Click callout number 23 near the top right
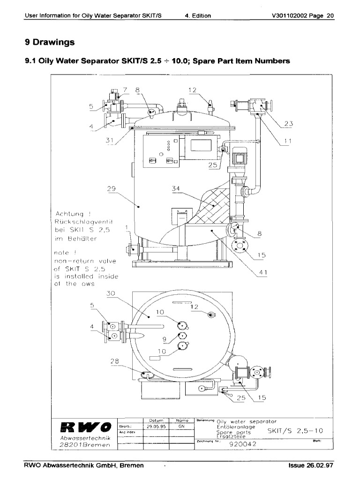(x=288, y=124)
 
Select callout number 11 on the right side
(x=288, y=141)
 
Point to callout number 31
(x=111, y=140)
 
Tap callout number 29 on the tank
(x=111, y=188)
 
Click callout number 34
(x=176, y=188)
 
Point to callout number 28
(x=115, y=361)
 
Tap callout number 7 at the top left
(x=125, y=90)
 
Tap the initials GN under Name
(x=181, y=427)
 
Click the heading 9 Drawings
(x=50, y=42)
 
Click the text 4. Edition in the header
(x=198, y=15)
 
